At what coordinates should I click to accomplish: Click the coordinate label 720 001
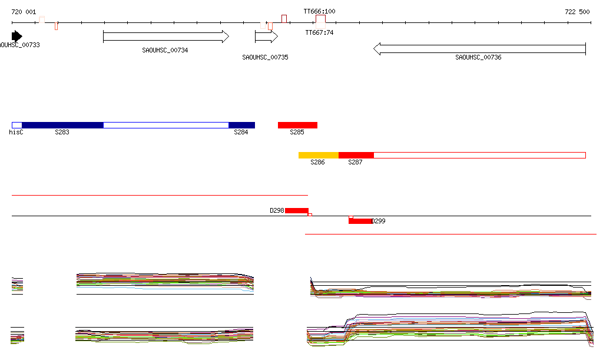[x=24, y=12]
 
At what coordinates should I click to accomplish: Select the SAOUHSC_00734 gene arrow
[x=165, y=37]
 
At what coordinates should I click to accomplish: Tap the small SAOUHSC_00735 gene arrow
[x=266, y=37]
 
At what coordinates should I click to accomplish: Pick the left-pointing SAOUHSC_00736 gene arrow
[x=479, y=48]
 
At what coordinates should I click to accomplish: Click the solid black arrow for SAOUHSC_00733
[x=16, y=36]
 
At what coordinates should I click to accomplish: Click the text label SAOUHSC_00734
[x=165, y=51]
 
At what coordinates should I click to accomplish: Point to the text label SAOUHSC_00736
[x=478, y=57]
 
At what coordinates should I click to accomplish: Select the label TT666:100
[x=319, y=11]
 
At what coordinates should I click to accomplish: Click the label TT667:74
[x=319, y=33]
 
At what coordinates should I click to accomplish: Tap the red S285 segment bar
[x=297, y=125]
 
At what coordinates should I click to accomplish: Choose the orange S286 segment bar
[x=319, y=155]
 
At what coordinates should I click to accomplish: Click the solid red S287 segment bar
[x=356, y=155]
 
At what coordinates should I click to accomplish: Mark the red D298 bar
[x=297, y=210]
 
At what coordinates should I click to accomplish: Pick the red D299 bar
[x=360, y=221]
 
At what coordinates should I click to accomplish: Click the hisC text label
[x=16, y=133]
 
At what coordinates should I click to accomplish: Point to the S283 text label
[x=62, y=133]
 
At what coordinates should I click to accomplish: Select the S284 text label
[x=241, y=133]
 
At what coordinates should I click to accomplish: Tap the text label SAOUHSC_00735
[x=265, y=57]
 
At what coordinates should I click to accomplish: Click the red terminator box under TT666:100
[x=320, y=19]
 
